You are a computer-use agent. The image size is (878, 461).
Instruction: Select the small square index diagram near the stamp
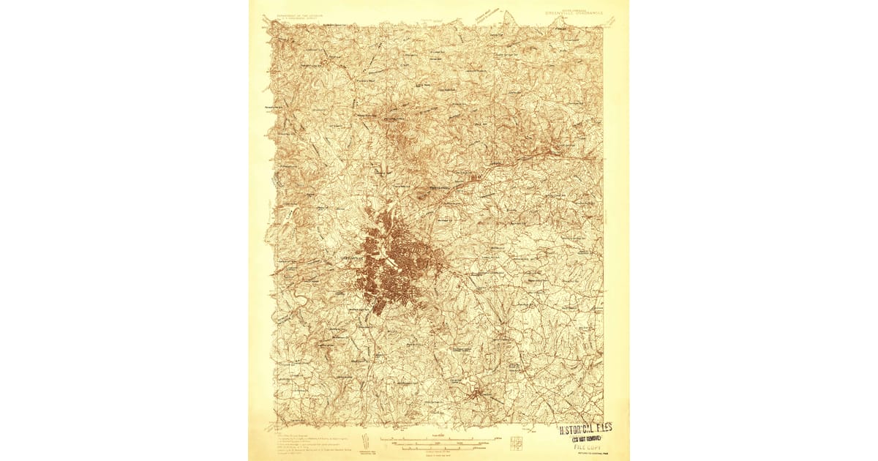click(517, 443)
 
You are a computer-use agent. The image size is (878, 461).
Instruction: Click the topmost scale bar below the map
click(438, 438)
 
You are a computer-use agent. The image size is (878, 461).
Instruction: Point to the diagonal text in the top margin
click(487, 14)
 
